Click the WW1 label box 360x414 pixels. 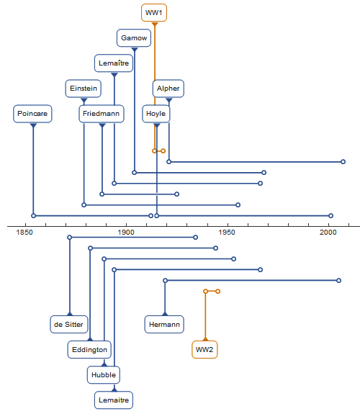pos(154,12)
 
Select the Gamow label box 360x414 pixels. pos(134,37)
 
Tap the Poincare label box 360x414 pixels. pos(32,114)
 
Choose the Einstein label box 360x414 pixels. pos(84,88)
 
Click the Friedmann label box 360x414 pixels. pos(102,114)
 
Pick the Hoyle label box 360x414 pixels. pos(156,114)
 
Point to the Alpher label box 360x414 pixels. pos(168,88)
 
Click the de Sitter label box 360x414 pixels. pos(68,324)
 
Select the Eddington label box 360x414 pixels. pos(89,350)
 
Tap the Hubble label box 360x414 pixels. pos(104,374)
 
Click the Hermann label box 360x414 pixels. pos(164,324)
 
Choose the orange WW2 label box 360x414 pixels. pos(204,350)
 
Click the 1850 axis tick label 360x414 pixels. pos(24,233)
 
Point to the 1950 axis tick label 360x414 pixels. pos(227,233)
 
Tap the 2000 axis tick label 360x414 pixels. pos(328,233)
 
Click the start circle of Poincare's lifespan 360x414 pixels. pos(33,216)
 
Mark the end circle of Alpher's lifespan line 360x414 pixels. pos(343,161)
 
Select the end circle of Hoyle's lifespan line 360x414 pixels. pos(331,216)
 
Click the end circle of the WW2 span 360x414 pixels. pos(218,291)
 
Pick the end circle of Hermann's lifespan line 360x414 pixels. pos(339,280)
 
